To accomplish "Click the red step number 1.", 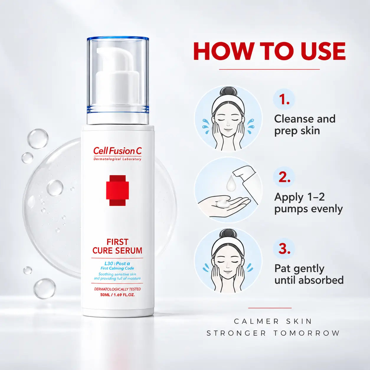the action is click(284, 99).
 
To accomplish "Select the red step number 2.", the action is click(284, 177).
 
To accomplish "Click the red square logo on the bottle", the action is click(117, 190).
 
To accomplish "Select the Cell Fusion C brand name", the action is click(117, 151).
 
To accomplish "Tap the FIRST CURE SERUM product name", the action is click(117, 246).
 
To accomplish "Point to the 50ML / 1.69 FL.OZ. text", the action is click(117, 295).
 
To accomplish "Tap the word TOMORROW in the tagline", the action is click(307, 333).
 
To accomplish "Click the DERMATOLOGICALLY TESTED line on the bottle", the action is click(117, 289).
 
